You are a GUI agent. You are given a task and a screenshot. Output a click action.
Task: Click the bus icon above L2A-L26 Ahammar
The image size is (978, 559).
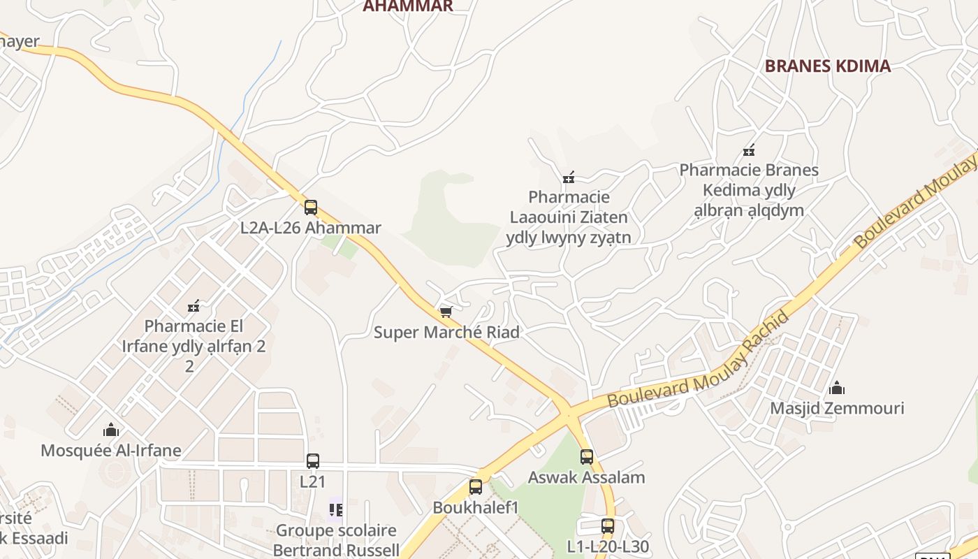pyautogui.click(x=311, y=208)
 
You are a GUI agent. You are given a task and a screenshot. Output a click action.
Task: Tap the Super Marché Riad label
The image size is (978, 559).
pyautogui.click(x=446, y=332)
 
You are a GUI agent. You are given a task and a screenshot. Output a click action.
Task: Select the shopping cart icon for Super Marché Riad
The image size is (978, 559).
pyautogui.click(x=446, y=312)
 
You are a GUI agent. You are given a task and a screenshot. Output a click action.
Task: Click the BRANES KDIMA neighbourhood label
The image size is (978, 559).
pyautogui.click(x=827, y=66)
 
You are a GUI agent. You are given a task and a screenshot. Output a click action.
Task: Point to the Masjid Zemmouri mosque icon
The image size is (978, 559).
pyautogui.click(x=836, y=388)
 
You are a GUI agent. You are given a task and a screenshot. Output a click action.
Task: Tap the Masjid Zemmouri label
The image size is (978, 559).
pyautogui.click(x=837, y=408)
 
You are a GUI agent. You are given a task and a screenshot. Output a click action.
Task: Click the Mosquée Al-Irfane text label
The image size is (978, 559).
pyautogui.click(x=111, y=451)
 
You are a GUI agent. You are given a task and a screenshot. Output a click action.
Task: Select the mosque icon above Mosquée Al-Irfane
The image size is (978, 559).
pyautogui.click(x=110, y=430)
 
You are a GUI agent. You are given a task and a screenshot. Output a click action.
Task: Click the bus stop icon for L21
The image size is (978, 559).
pyautogui.click(x=313, y=461)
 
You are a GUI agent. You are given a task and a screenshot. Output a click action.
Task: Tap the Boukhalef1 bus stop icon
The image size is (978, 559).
pyautogui.click(x=476, y=487)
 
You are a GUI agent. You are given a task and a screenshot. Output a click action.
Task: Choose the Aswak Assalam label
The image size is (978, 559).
pyautogui.click(x=586, y=478)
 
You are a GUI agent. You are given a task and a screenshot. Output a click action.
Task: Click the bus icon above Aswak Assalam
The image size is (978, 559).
pyautogui.click(x=587, y=457)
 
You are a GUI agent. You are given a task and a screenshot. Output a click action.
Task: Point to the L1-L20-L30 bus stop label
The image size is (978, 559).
pyautogui.click(x=608, y=546)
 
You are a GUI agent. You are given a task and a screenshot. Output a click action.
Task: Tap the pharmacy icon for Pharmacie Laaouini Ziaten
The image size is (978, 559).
pyautogui.click(x=569, y=177)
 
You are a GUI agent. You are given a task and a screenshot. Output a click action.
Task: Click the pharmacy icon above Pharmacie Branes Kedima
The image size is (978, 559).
pyautogui.click(x=749, y=150)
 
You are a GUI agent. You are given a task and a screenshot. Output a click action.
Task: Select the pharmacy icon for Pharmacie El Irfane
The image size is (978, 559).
pyautogui.click(x=194, y=305)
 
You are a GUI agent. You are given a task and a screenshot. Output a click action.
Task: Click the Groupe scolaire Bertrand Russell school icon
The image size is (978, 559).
pyautogui.click(x=336, y=510)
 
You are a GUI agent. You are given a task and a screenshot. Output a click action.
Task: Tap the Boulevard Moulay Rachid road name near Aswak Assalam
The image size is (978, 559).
pyautogui.click(x=699, y=360)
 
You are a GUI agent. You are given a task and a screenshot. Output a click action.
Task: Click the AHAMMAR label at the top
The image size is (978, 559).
pyautogui.click(x=408, y=6)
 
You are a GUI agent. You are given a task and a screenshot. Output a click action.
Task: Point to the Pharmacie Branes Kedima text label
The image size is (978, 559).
pyautogui.click(x=749, y=190)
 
